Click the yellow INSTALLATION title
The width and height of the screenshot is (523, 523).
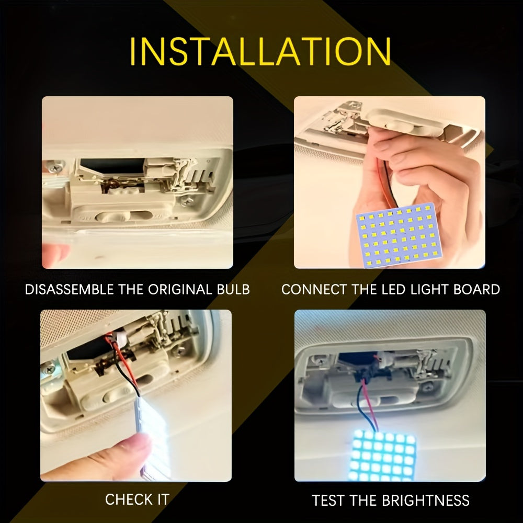click(260, 51)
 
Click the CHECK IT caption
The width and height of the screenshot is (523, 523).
click(137, 499)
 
